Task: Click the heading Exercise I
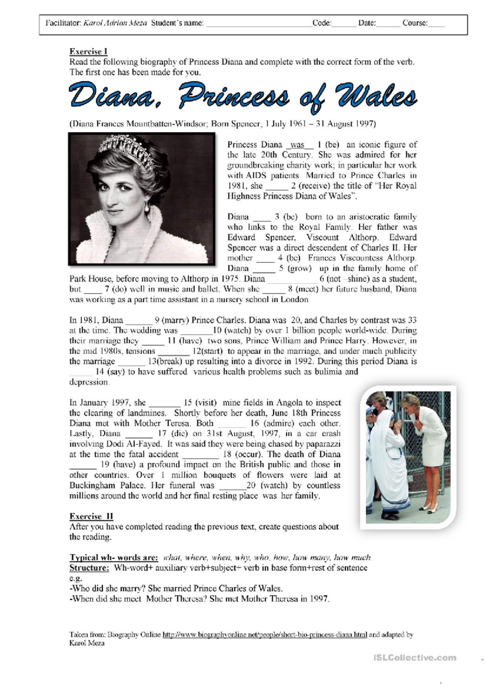tap(88, 51)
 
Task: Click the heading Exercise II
tap(91, 516)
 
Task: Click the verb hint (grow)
tap(299, 268)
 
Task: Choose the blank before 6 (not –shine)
tap(292, 279)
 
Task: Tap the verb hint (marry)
tap(175, 320)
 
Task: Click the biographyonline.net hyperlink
tap(264, 635)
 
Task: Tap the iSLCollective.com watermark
tap(415, 658)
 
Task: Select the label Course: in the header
tap(415, 23)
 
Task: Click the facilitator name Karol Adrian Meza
tap(115, 23)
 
